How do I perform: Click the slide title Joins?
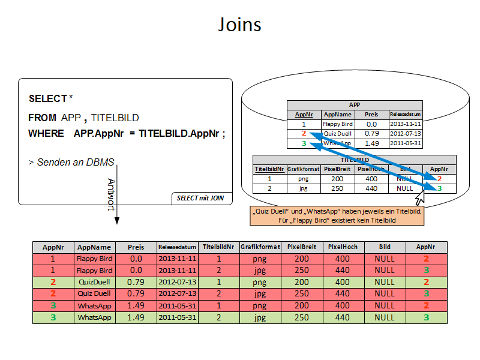click(239, 25)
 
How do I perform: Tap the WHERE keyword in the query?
click(46, 133)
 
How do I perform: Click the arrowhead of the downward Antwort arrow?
click(116, 221)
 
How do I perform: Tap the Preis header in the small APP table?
click(371, 114)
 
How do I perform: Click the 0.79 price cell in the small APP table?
click(371, 133)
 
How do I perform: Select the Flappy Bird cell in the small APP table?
click(338, 124)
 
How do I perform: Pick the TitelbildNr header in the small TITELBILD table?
click(269, 169)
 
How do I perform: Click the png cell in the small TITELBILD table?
click(303, 178)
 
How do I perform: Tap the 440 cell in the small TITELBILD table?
click(371, 188)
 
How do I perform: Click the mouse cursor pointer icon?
click(420, 197)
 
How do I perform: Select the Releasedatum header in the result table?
click(178, 247)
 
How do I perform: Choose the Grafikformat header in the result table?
click(260, 247)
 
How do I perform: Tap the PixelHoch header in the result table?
click(343, 247)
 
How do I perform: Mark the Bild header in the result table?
click(385, 247)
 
